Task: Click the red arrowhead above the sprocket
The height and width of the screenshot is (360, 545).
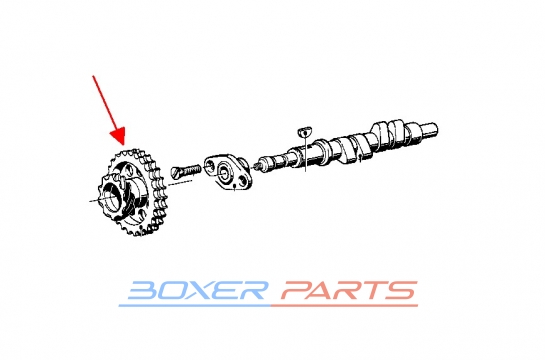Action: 118,137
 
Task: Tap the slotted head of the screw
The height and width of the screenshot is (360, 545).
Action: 175,173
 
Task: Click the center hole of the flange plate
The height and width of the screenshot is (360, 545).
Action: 224,171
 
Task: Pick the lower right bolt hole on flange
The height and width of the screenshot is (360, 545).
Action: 243,180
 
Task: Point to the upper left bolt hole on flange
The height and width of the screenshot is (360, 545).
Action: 210,163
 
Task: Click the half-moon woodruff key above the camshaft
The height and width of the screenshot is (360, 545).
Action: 304,132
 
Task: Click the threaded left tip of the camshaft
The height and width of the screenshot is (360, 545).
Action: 259,166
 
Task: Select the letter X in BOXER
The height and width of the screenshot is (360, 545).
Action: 202,291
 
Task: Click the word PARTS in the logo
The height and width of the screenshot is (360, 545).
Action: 349,291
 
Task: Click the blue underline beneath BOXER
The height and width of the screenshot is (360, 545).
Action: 195,305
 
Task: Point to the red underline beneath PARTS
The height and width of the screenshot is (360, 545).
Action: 344,305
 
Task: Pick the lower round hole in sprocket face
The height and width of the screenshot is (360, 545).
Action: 141,214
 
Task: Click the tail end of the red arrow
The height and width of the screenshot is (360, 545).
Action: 93,76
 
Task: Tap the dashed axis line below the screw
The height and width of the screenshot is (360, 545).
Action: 180,182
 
